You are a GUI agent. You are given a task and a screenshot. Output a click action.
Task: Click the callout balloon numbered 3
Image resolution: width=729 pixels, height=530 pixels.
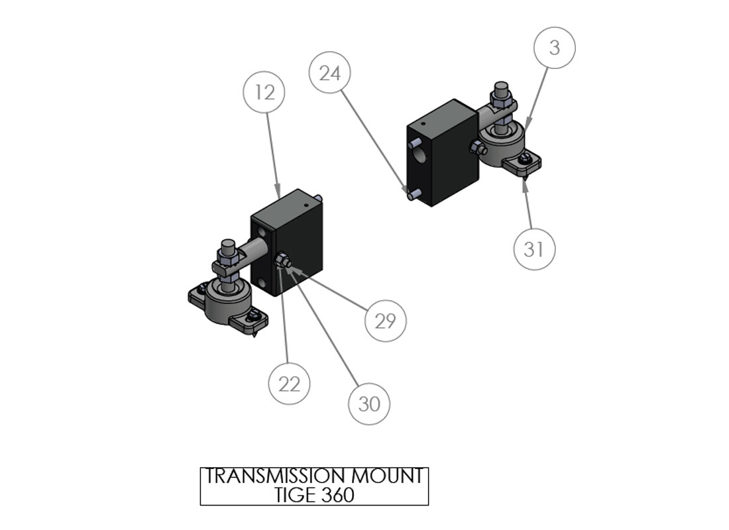click(x=554, y=48)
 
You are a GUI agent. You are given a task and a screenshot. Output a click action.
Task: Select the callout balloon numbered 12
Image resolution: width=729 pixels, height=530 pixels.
click(x=264, y=92)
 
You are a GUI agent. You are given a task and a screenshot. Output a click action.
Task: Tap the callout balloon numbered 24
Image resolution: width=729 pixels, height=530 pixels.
click(x=329, y=73)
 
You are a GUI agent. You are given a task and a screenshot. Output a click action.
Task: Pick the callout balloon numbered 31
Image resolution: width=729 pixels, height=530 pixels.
click(x=534, y=249)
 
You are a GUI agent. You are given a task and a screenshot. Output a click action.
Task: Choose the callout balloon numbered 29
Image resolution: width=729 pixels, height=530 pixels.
click(x=386, y=321)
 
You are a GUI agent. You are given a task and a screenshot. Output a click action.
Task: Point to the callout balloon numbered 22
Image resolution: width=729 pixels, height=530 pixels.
click(x=289, y=384)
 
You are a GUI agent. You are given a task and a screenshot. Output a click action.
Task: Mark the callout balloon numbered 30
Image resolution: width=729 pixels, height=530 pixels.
click(x=369, y=403)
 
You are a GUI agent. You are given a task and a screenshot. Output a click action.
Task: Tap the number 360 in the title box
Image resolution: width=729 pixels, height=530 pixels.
click(x=337, y=495)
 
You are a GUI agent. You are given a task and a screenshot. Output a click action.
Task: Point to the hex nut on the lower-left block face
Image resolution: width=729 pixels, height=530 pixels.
click(x=281, y=260)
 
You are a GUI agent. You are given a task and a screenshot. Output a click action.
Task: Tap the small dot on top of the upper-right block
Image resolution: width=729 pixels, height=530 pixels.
click(x=423, y=124)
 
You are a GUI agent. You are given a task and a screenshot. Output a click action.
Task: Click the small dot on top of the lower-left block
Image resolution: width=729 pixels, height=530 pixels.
click(x=306, y=204)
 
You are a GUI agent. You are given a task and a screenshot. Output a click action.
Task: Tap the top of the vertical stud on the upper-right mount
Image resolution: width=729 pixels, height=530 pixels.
click(x=501, y=86)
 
